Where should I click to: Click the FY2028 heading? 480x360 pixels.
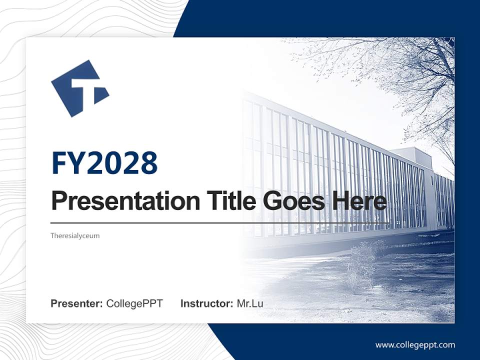click(x=104, y=163)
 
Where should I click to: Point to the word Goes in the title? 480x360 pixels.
click(x=292, y=201)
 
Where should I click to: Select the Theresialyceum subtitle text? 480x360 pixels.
click(x=75, y=235)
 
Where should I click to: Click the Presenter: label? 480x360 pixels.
click(x=77, y=303)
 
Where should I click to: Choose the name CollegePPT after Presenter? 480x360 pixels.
click(x=134, y=303)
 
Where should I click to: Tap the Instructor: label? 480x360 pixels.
click(x=206, y=303)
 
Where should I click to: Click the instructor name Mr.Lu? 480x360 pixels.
click(x=249, y=303)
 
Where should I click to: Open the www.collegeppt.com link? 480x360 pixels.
click(x=415, y=345)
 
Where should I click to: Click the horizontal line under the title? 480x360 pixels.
click(x=220, y=222)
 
